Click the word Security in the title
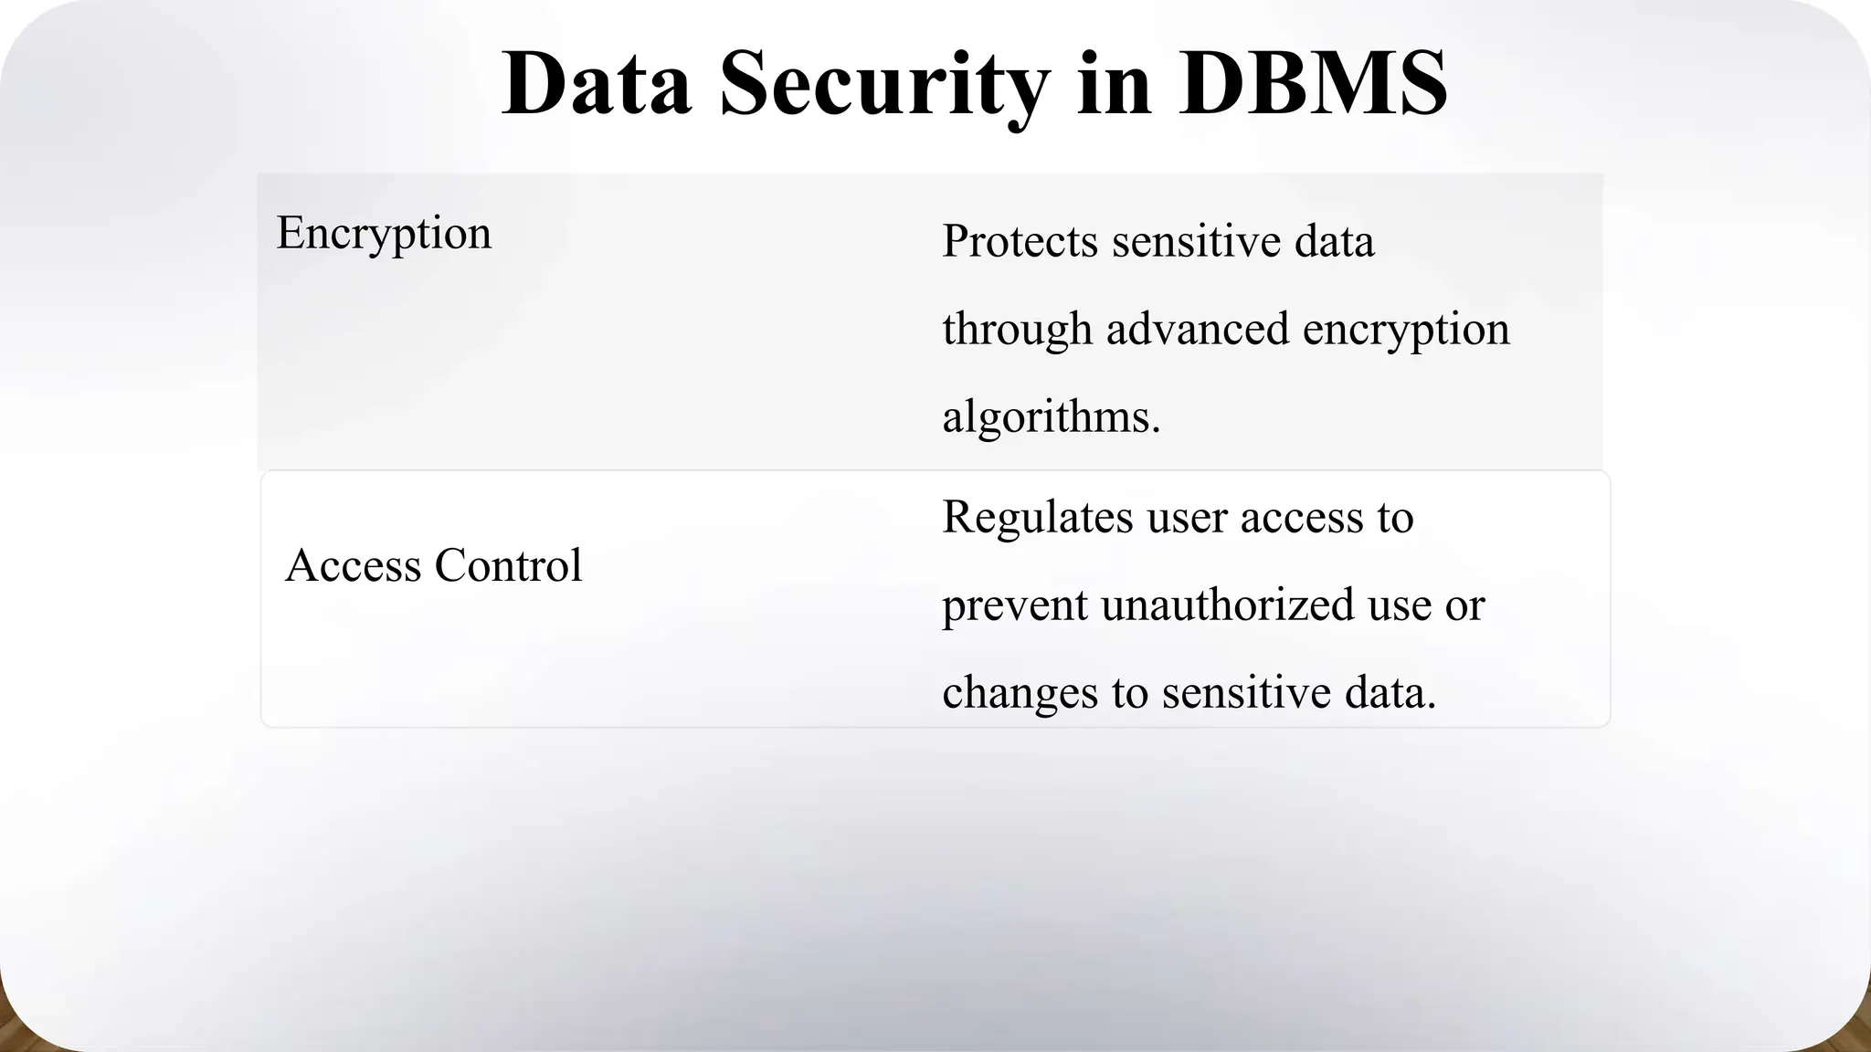coord(884,84)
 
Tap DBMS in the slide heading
coord(1313,84)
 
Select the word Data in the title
coord(597,84)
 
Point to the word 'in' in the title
coord(1115,84)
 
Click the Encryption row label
coord(384,234)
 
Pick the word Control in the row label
coord(508,565)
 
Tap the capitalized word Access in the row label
coord(354,565)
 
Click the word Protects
coord(1020,242)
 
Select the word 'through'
coord(1017,330)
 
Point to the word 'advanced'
coord(1198,330)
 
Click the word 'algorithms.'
coord(1051,417)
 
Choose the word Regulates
coord(1037,518)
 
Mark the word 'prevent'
coord(1014,605)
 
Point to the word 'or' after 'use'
coord(1464,605)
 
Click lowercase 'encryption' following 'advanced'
coord(1406,330)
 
